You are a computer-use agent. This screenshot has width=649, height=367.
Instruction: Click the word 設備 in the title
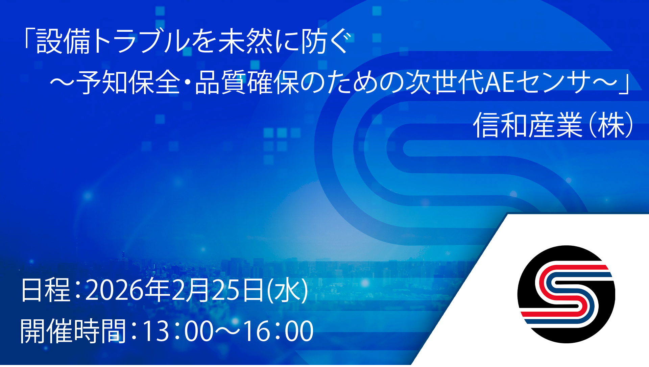[63, 42]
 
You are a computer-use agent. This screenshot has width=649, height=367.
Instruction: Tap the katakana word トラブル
[141, 42]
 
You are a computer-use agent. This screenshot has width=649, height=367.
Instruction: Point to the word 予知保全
[128, 82]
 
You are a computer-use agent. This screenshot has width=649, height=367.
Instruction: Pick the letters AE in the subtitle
[499, 82]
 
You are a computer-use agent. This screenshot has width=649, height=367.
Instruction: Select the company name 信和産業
[528, 125]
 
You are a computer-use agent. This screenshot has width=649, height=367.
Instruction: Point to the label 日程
[46, 290]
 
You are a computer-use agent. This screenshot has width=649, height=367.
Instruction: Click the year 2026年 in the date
[127, 290]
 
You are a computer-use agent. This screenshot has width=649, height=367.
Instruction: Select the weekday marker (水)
[287, 290]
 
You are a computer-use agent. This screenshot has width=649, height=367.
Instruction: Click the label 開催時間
[73, 331]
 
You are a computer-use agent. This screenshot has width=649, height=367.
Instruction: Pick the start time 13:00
[178, 331]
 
